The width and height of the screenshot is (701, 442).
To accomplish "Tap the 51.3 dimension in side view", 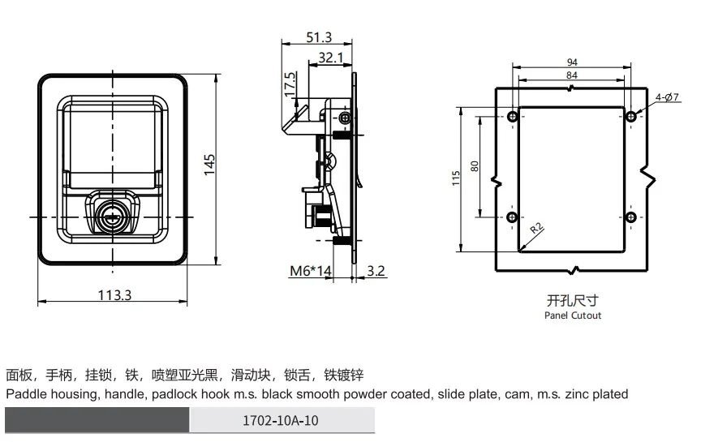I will pyautogui.click(x=319, y=37).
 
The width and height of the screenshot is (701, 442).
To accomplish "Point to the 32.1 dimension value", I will pyautogui.click(x=331, y=57).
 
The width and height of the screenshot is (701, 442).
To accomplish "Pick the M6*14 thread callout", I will pyautogui.click(x=312, y=270).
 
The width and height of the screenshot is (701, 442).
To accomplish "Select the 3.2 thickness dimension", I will pyautogui.click(x=376, y=270).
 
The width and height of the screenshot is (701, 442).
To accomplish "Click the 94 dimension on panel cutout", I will pyautogui.click(x=572, y=62).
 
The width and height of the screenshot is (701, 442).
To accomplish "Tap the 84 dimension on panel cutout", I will pyautogui.click(x=572, y=76).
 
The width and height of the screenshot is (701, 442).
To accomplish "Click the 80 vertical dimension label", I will pyautogui.click(x=475, y=167).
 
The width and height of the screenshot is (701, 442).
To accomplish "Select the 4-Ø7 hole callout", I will pyautogui.click(x=666, y=97).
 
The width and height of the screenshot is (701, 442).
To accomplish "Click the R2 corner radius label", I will pyautogui.click(x=537, y=230).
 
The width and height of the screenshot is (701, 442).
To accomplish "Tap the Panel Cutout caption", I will pyautogui.click(x=573, y=315).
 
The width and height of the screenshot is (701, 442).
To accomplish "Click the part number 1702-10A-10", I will pyautogui.click(x=282, y=421).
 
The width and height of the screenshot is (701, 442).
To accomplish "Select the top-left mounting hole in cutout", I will pyautogui.click(x=512, y=117).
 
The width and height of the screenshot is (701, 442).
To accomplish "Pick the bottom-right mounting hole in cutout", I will pyautogui.click(x=631, y=217).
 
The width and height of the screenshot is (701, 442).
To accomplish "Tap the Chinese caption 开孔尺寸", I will pyautogui.click(x=573, y=299).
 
